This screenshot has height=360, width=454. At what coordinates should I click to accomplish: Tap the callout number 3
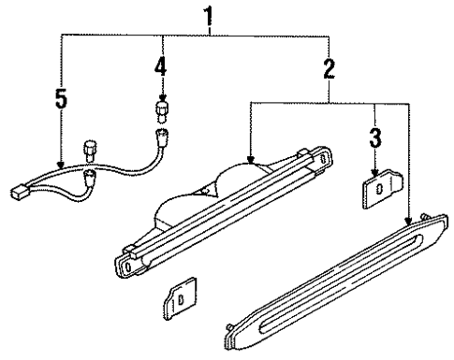[x=374, y=137]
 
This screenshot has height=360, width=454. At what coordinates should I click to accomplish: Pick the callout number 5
[x=61, y=98]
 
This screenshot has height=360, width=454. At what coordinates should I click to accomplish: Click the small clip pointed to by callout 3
[x=376, y=189]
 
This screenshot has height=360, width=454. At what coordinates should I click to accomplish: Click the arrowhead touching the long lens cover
[x=408, y=221]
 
